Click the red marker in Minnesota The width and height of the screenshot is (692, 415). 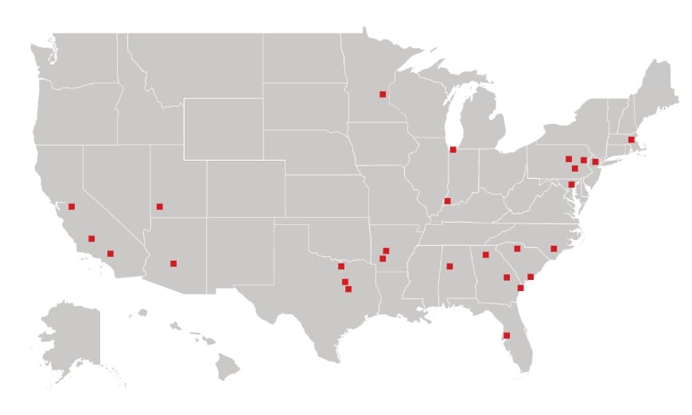[x=383, y=95]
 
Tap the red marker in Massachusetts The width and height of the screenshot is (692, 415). [x=631, y=140]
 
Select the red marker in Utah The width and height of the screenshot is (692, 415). [x=160, y=207]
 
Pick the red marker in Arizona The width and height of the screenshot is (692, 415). [x=173, y=263]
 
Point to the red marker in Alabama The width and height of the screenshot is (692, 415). [x=449, y=266]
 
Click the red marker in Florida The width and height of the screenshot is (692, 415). [x=507, y=335]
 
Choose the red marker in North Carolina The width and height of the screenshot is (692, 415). [x=554, y=249]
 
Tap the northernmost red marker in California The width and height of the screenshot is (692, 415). [x=72, y=207]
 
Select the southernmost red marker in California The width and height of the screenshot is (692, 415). [x=111, y=254]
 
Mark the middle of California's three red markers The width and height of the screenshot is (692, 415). [x=91, y=239]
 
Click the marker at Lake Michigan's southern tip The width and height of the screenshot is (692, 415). [x=453, y=149]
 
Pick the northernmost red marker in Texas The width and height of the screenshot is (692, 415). [x=341, y=266]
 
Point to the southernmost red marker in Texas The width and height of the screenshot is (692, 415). [x=348, y=289]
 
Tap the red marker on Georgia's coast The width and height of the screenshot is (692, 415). [x=520, y=288]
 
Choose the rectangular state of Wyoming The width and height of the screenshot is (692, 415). [x=224, y=128]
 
